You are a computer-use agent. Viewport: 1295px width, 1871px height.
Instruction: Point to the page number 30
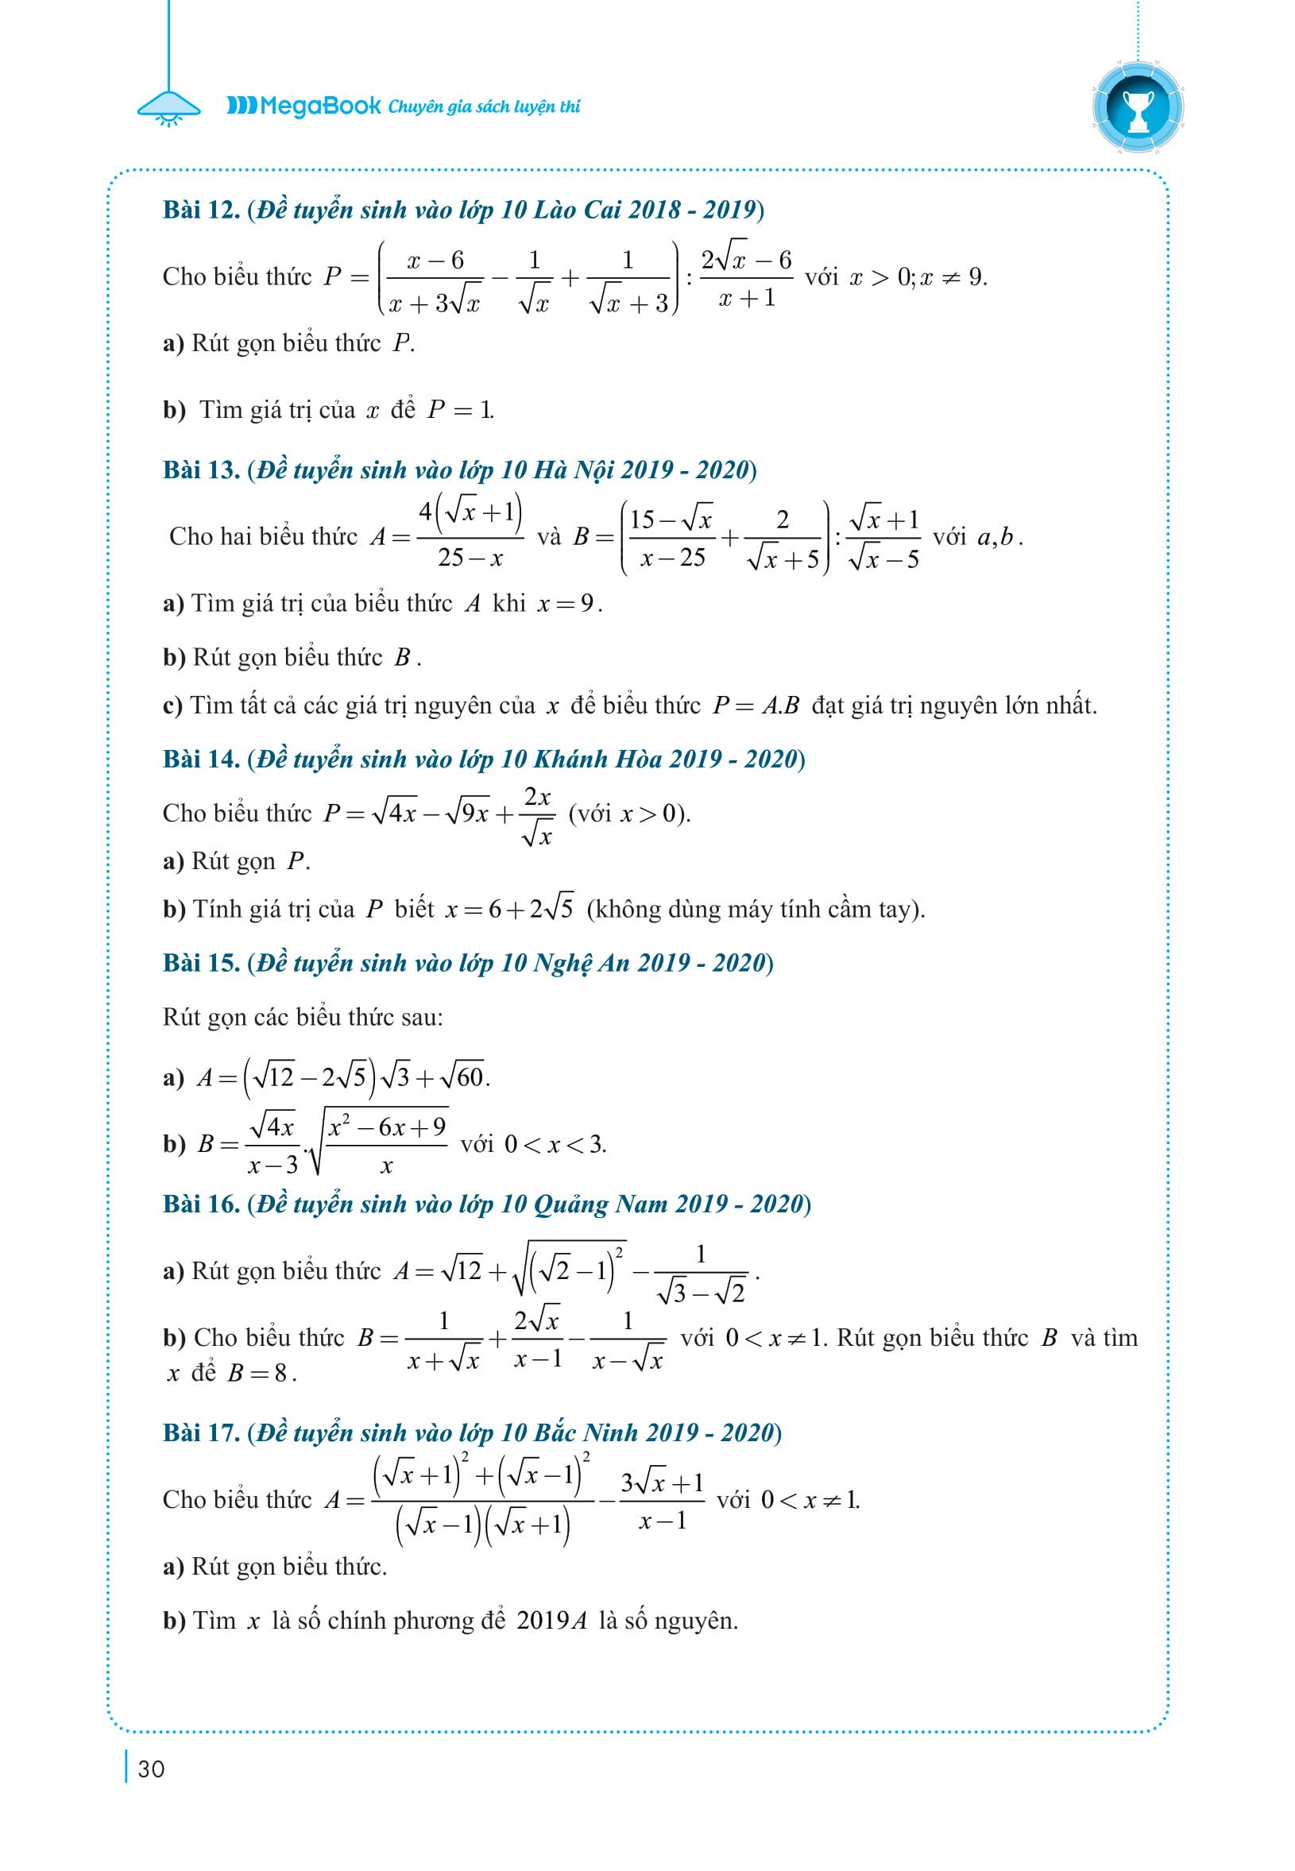point(151,1769)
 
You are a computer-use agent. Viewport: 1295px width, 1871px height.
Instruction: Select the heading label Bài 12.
point(200,211)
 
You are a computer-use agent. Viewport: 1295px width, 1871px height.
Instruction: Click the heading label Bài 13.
point(200,470)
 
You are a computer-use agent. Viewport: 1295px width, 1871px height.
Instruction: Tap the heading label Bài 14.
point(200,759)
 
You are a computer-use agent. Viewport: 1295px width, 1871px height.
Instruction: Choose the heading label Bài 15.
point(200,962)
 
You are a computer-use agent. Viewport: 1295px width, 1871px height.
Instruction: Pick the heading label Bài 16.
point(200,1204)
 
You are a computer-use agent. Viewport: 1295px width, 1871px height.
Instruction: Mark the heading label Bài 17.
point(200,1433)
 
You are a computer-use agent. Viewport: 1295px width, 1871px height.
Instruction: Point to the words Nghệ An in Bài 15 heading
point(581,962)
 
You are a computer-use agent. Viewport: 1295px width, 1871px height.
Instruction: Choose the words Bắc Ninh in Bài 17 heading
point(586,1433)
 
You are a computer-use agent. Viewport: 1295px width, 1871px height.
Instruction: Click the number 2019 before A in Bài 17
point(543,1621)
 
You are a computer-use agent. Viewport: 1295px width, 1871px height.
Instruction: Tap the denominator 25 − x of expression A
point(470,559)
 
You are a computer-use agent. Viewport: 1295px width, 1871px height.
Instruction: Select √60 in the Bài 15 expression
point(461,1077)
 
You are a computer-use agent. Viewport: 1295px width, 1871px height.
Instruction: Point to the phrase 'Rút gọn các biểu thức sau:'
point(303,1017)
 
